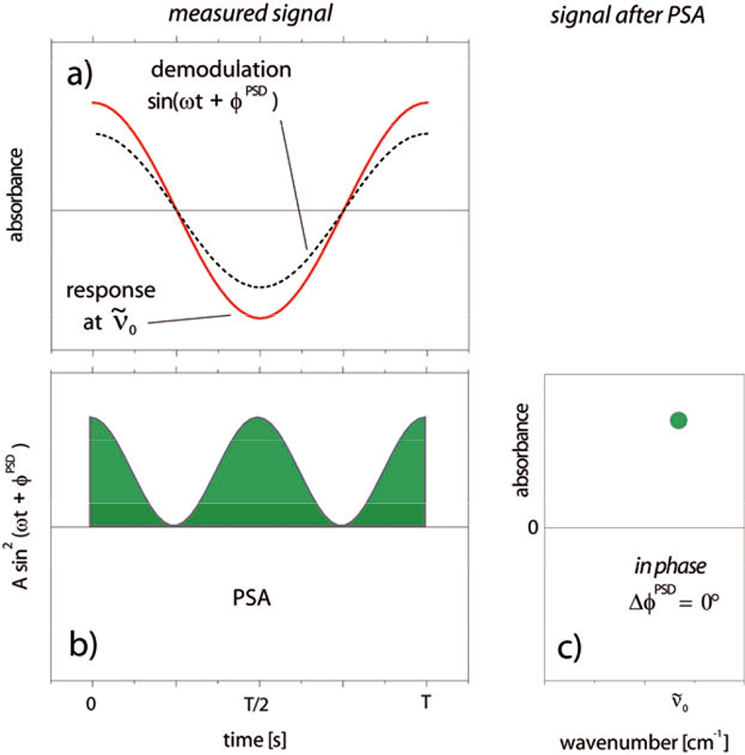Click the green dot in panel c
(x=678, y=420)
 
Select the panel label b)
(x=88, y=647)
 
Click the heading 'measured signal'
(x=259, y=15)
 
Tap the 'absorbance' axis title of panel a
(x=17, y=196)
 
